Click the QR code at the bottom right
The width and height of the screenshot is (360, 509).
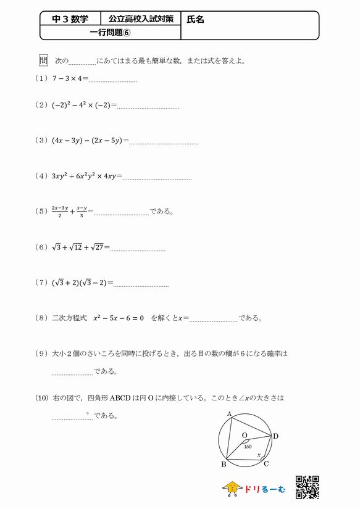(x=307, y=486)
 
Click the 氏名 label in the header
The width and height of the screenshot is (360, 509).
(x=196, y=19)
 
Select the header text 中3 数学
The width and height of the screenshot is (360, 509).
(x=70, y=19)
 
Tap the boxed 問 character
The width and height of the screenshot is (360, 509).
(x=43, y=60)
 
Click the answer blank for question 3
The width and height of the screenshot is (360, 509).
(x=164, y=143)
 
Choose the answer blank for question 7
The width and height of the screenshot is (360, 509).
(x=141, y=284)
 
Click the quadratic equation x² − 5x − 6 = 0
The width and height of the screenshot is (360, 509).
(x=119, y=318)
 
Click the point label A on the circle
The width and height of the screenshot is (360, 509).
(x=229, y=414)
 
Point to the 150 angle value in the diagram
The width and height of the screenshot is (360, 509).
(x=248, y=446)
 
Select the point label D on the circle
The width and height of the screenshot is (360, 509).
(x=275, y=436)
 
